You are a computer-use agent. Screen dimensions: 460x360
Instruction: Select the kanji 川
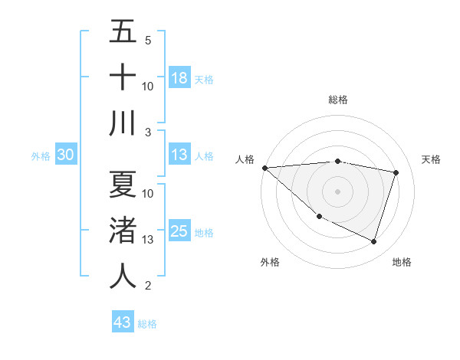(x=123, y=123)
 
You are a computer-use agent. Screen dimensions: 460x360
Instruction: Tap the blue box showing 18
(x=179, y=78)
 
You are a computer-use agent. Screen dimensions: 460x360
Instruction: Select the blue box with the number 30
(x=65, y=155)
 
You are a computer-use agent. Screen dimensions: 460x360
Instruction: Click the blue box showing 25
(x=179, y=231)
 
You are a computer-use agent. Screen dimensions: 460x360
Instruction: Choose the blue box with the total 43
(x=123, y=322)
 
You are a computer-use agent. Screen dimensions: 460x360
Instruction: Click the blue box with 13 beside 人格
(x=179, y=155)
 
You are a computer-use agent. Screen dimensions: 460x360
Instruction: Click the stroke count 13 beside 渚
(x=148, y=240)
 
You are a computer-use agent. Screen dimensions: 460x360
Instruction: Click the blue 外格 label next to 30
(x=41, y=156)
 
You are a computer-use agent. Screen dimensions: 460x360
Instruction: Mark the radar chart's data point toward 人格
(x=264, y=168)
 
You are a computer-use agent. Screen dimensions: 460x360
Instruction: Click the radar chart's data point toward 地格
(x=373, y=242)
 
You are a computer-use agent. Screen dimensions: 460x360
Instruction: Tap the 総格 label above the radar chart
(x=337, y=100)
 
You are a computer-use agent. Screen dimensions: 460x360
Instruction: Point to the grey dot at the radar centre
(x=337, y=191)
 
